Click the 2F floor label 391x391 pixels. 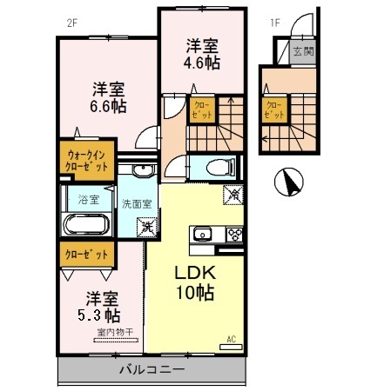pyautogui.click(x=72, y=23)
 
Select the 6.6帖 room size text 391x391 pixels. pyautogui.click(x=109, y=105)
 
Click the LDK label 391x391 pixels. pyautogui.click(x=196, y=271)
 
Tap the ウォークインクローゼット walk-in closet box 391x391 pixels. pyautogui.click(x=86, y=161)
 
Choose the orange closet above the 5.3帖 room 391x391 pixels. pyautogui.click(x=86, y=255)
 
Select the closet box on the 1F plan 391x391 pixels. pyautogui.click(x=274, y=109)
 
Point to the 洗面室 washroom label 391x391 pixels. pyautogui.click(x=136, y=204)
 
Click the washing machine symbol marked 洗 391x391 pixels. pyautogui.click(x=148, y=227)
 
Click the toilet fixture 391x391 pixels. pyautogui.click(x=214, y=167)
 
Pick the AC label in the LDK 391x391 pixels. pyautogui.click(x=232, y=338)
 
